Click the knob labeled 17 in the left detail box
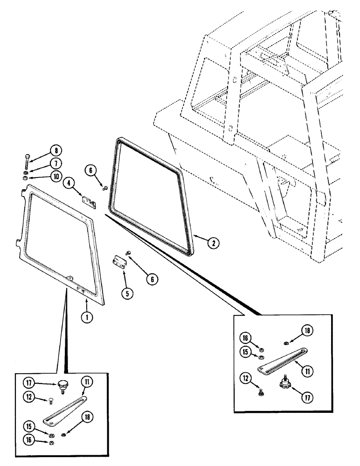click(62, 385)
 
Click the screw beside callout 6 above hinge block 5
click(129, 253)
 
